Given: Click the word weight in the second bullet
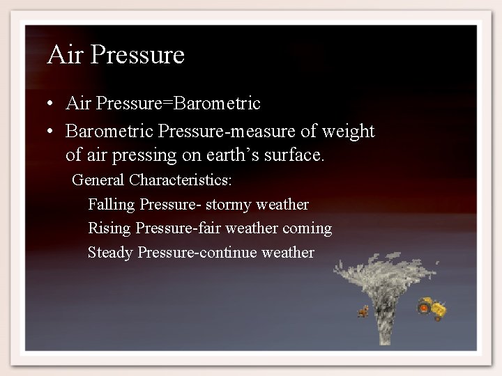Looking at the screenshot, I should (x=353, y=131).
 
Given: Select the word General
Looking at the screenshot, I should (x=98, y=180).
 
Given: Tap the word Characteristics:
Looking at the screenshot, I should (x=181, y=180).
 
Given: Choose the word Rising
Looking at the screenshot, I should (x=109, y=228).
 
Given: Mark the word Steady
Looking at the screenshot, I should (x=110, y=252).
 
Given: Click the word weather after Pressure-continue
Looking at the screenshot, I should (x=287, y=252).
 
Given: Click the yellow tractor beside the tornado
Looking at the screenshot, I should (x=432, y=308).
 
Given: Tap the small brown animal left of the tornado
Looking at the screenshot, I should (x=363, y=312).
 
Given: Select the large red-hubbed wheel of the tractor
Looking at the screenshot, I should (x=425, y=306).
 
